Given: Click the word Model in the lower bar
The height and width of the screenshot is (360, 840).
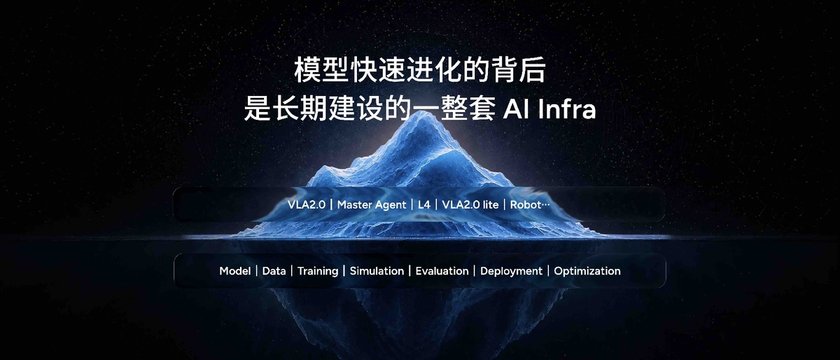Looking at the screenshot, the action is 235,271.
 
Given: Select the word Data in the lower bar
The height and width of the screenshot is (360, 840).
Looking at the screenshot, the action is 274,271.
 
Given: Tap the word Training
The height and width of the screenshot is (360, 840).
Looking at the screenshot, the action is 318,272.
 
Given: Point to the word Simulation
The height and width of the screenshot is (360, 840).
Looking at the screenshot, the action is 377,271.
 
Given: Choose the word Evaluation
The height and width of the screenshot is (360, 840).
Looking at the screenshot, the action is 442,271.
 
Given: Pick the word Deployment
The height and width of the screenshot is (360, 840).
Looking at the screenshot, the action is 511,272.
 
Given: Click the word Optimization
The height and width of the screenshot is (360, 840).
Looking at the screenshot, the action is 587,272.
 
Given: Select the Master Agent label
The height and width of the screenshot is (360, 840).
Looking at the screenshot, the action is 372,205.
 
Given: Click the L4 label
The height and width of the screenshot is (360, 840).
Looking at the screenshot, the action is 424,205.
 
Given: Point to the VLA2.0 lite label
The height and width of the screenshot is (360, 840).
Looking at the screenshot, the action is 470,205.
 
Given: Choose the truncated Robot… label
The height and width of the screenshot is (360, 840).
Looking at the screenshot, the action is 530,205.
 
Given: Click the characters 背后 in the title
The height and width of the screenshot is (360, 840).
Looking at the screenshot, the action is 520,71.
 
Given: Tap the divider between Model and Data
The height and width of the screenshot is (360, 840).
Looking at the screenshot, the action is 257,271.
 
